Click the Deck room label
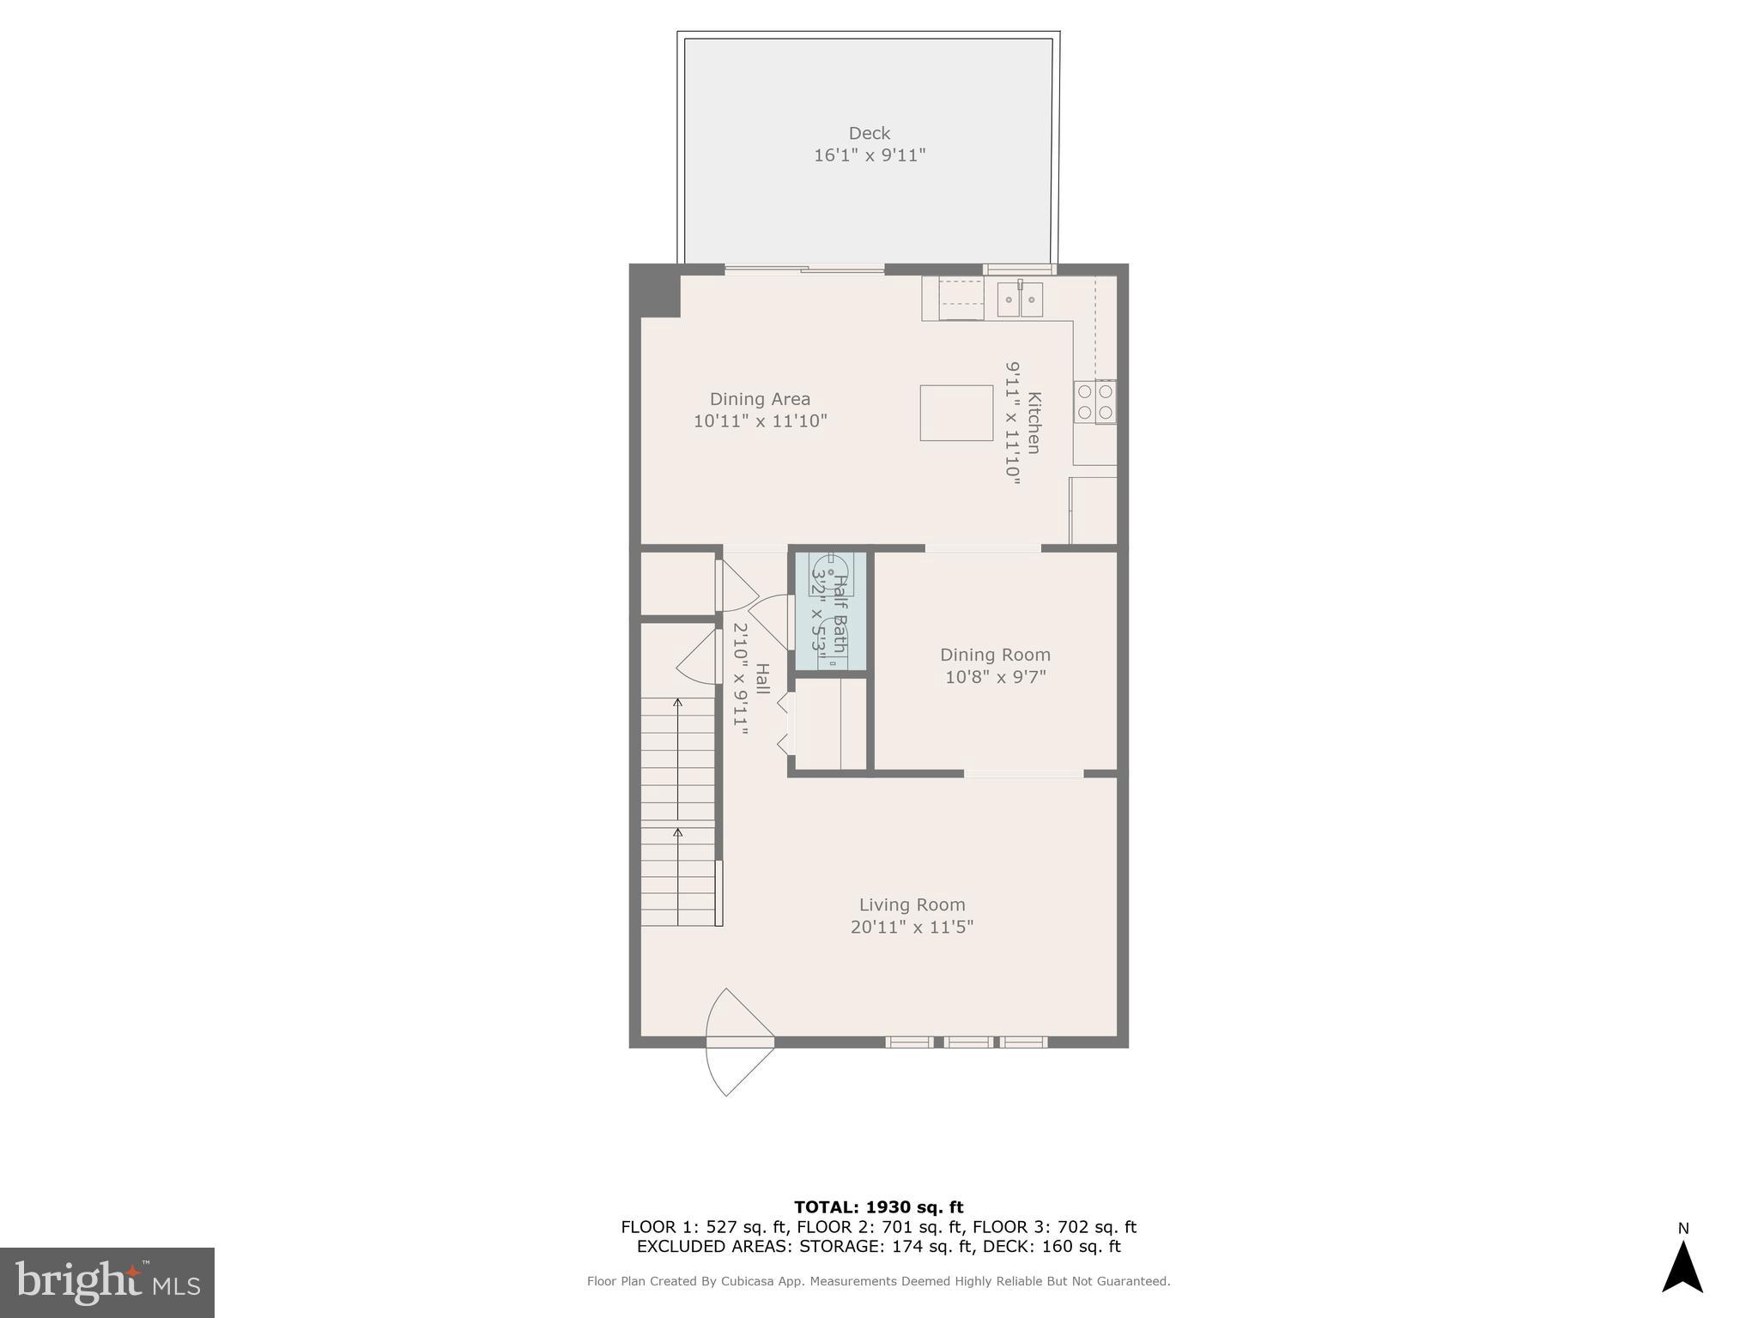click(869, 133)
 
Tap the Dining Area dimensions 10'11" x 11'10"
click(760, 421)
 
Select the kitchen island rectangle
click(956, 413)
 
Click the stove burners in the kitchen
click(1095, 402)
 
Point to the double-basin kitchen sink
click(1020, 299)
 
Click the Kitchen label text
click(1034, 422)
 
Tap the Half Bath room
click(829, 611)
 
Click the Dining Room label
click(995, 655)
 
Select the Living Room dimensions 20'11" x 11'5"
click(912, 928)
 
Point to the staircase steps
click(678, 811)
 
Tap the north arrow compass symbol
click(1682, 1266)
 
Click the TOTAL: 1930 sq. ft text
click(878, 1207)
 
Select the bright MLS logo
click(107, 1282)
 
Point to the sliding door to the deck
click(804, 269)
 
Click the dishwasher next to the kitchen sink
click(961, 299)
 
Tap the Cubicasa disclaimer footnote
click(878, 1281)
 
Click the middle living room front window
click(967, 1043)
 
